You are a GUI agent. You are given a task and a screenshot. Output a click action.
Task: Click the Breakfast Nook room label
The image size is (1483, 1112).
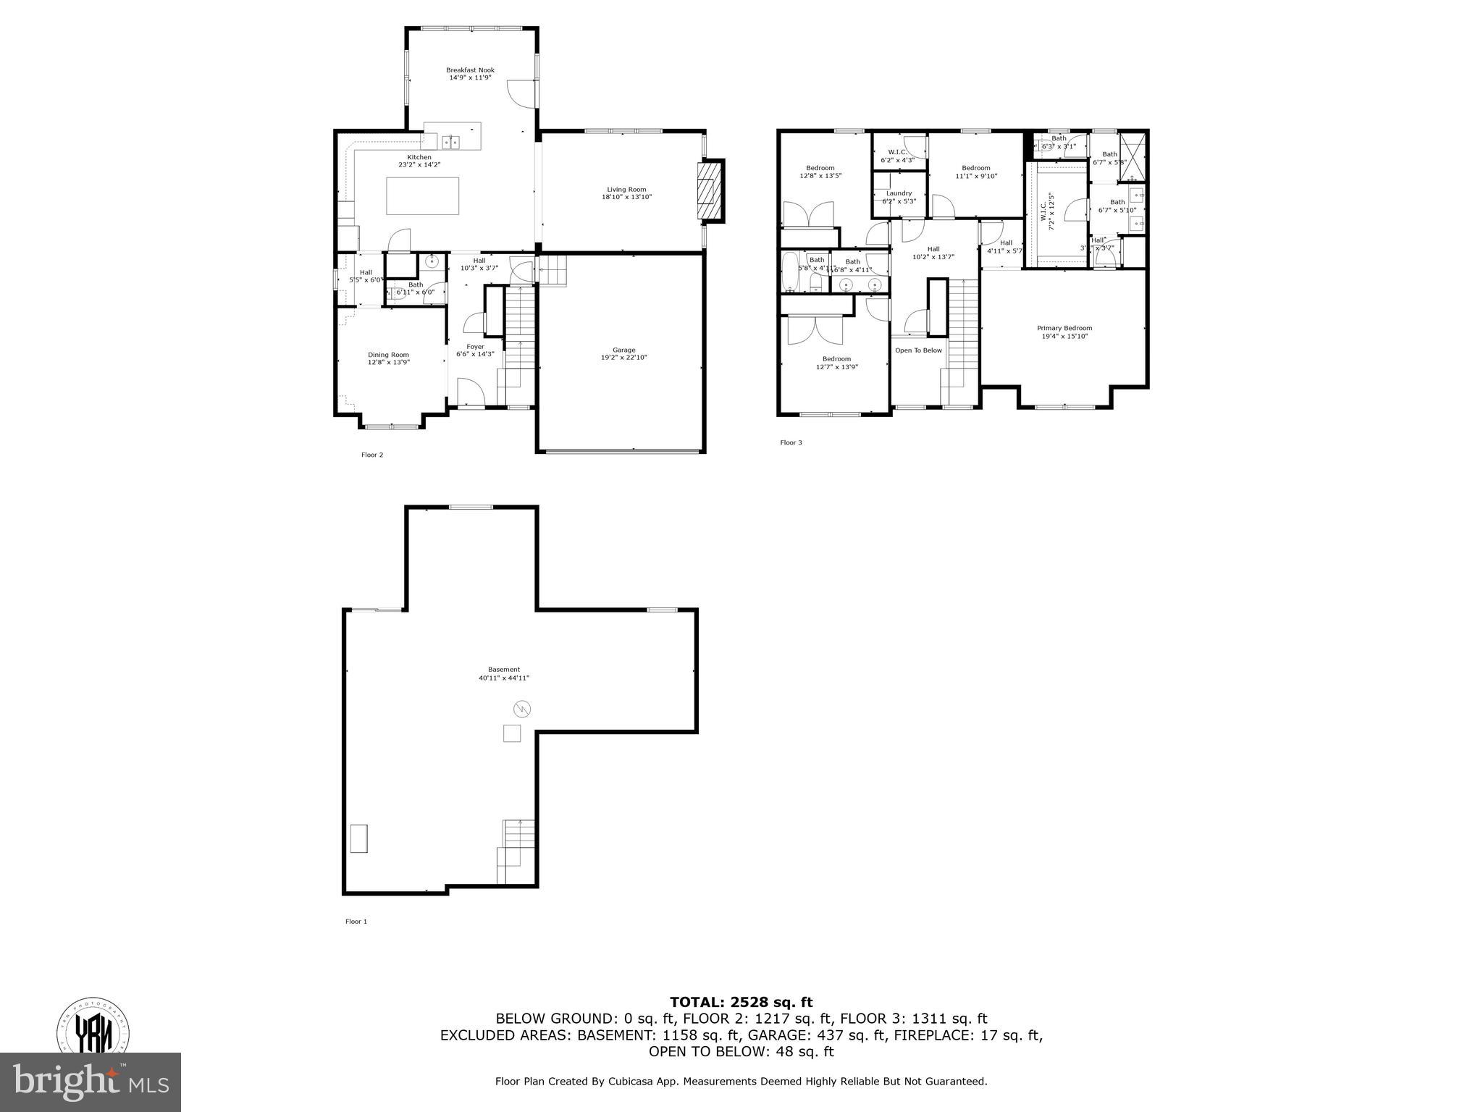(470, 70)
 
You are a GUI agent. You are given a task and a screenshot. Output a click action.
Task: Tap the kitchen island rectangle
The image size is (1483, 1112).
(422, 196)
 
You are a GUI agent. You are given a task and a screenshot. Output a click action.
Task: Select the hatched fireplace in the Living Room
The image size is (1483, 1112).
(710, 190)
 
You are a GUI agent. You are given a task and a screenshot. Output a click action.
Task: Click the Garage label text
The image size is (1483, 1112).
(623, 350)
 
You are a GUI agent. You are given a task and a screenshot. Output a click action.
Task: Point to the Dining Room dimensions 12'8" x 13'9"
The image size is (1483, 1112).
(388, 362)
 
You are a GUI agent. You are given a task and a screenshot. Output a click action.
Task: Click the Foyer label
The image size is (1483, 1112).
(475, 347)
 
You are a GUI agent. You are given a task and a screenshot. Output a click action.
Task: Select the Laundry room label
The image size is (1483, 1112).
(899, 193)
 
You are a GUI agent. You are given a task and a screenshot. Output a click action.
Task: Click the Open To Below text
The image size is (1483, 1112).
(918, 350)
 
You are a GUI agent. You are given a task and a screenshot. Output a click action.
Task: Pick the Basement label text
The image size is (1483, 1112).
(504, 670)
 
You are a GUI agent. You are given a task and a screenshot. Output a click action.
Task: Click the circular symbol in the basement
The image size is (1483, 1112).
(521, 708)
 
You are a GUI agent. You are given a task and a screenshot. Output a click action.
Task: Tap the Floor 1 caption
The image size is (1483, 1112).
(356, 922)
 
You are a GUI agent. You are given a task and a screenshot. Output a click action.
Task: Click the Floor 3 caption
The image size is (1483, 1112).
(791, 442)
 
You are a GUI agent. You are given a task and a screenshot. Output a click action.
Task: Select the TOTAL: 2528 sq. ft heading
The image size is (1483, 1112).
(741, 1002)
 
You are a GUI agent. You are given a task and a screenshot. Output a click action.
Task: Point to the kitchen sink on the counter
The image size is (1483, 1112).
(453, 142)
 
